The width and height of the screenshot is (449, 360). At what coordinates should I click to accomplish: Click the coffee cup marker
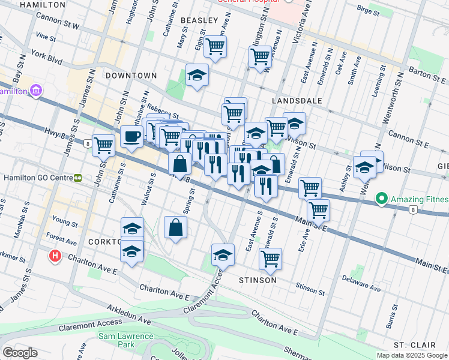[131, 137]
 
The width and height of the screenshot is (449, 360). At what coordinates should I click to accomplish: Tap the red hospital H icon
[55, 256]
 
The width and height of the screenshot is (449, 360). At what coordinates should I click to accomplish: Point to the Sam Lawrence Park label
[125, 341]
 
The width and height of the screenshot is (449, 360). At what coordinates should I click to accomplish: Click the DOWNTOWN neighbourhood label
[130, 76]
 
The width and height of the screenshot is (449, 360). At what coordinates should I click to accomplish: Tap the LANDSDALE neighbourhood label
[297, 101]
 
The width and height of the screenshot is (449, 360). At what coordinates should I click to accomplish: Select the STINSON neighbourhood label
[258, 280]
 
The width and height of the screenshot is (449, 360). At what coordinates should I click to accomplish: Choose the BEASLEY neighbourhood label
[198, 20]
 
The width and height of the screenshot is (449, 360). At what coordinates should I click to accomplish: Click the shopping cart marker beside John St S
[104, 145]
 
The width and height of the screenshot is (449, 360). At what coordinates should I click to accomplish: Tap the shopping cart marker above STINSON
[271, 259]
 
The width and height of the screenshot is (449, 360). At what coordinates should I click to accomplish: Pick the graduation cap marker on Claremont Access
[223, 254]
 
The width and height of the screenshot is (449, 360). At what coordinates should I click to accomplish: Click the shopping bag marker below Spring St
[175, 227]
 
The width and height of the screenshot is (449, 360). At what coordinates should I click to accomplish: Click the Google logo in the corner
[20, 353]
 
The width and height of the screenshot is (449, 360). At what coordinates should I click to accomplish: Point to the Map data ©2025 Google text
[411, 355]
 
